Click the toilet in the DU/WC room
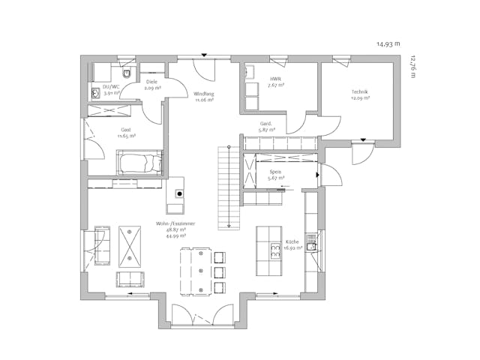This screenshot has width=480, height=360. pos(127,73)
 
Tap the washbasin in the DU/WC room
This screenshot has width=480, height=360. pos(95,93)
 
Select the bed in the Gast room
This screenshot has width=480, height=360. pos(139,162)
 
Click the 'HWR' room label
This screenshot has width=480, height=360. pos(274,79)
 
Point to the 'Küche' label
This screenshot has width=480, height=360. pos(292,243)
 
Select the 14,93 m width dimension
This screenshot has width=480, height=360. pos(388,44)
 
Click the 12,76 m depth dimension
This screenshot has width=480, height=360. pos(411,65)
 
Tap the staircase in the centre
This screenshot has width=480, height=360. pos(227,187)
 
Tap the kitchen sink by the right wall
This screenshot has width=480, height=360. pos(313,244)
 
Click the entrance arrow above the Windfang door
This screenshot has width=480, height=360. pos(203,55)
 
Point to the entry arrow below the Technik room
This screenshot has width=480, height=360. pos(364,139)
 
